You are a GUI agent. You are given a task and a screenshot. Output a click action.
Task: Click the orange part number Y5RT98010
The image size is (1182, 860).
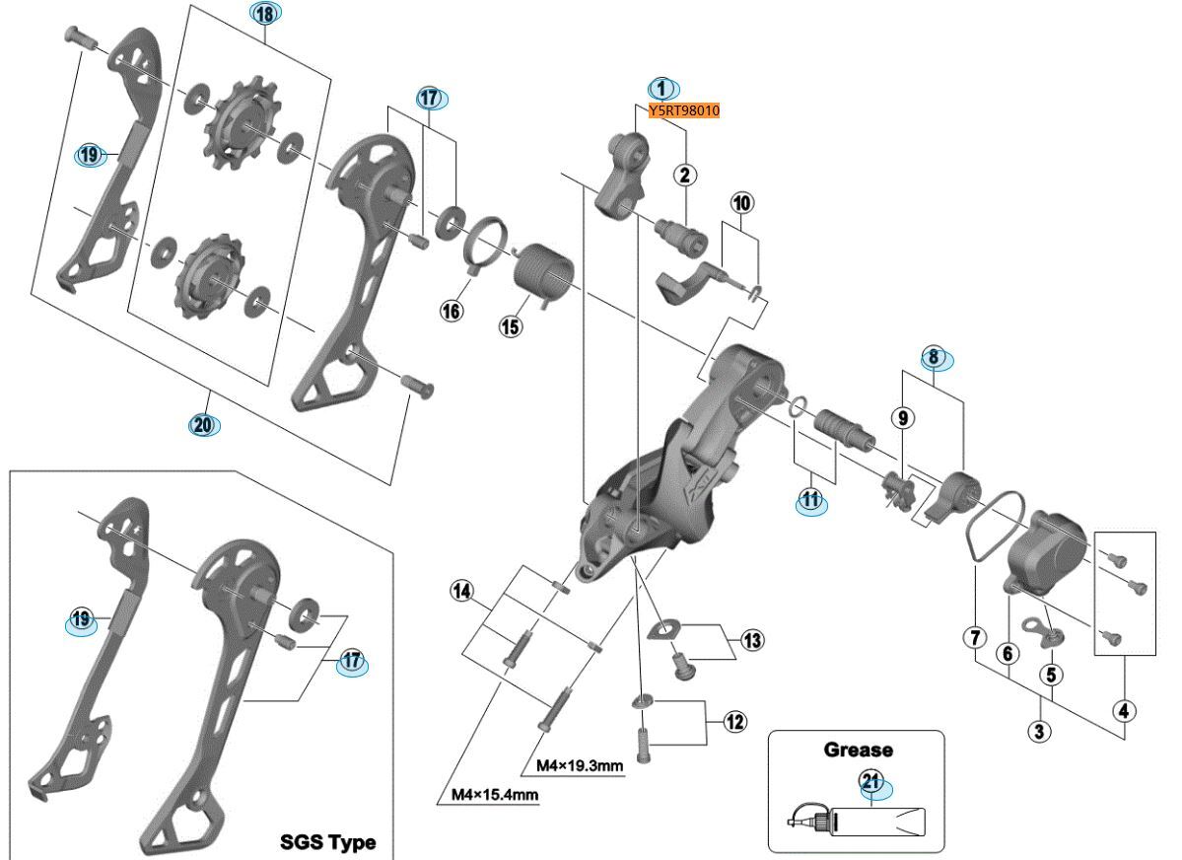684,110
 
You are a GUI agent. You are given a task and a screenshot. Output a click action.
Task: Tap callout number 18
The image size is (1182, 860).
264,13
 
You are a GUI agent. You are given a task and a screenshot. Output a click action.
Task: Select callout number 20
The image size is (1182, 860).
205,425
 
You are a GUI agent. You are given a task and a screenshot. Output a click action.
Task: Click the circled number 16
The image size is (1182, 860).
452,311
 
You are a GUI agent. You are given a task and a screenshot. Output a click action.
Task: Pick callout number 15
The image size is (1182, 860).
511,326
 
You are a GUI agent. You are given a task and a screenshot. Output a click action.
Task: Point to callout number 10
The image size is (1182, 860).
741,203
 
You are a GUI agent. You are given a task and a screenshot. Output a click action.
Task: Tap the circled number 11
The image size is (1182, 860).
810,500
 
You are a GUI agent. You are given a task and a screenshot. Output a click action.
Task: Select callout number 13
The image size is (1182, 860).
752,641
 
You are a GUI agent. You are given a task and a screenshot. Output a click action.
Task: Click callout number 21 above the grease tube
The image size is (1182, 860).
870,782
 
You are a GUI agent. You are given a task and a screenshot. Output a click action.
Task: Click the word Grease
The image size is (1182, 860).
857,750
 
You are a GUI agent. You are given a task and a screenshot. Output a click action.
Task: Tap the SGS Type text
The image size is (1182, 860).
327,842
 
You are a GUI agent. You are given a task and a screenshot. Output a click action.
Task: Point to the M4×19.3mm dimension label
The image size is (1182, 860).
579,765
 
